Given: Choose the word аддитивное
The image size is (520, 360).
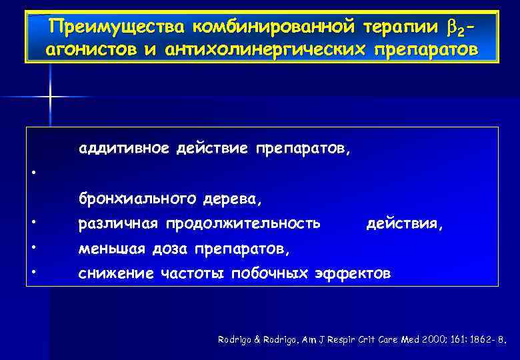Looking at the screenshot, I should pos(124,148).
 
